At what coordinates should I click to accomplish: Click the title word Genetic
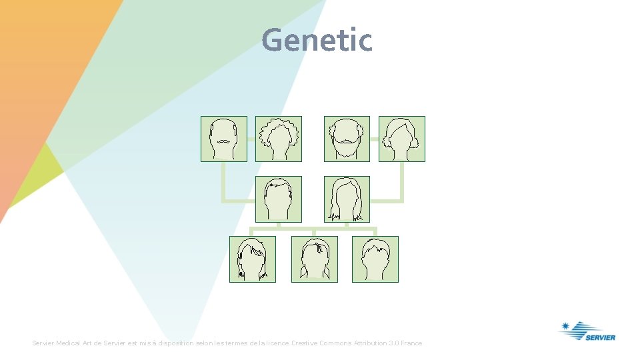[317, 40]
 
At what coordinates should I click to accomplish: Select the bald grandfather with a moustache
[224, 139]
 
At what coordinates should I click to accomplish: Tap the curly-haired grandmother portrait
[279, 139]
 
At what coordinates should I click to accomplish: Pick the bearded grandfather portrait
[347, 139]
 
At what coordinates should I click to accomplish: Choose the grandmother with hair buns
[401, 139]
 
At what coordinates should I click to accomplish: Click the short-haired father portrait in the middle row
[279, 199]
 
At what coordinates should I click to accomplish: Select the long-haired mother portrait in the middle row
[347, 199]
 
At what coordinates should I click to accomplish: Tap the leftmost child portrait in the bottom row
[252, 259]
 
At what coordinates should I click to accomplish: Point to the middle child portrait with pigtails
[315, 259]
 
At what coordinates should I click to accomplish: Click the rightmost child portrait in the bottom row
[375, 259]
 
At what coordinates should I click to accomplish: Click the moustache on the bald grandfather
[224, 141]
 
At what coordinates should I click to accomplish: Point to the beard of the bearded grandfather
[347, 147]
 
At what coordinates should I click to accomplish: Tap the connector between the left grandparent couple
[251, 139]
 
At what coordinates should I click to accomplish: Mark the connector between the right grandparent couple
[374, 139]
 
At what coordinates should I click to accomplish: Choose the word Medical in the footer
[67, 343]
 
